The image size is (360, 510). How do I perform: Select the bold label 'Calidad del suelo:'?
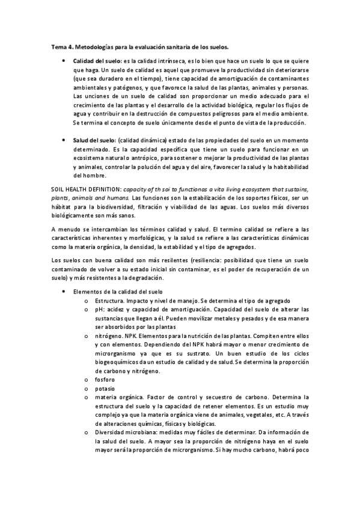[97, 61]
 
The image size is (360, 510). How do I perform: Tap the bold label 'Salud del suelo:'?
[94, 140]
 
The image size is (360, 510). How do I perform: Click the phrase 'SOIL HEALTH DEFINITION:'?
[83, 189]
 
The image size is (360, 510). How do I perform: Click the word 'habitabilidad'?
[287, 167]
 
